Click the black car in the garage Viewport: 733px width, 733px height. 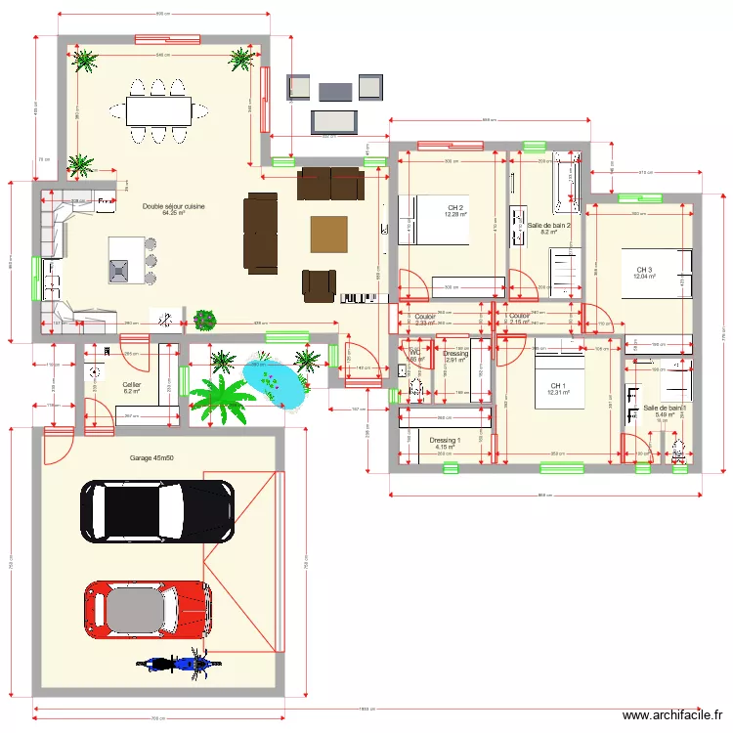point(156,510)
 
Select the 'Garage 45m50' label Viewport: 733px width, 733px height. point(151,458)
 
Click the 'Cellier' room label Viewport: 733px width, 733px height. point(132,385)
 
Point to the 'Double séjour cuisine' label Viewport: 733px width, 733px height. point(173,207)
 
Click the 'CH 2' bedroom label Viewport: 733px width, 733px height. point(454,208)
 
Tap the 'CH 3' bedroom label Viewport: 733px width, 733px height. point(644,271)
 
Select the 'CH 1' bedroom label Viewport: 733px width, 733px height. point(557,386)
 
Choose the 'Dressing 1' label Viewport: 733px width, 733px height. point(445,441)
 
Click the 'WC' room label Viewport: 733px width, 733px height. point(414,353)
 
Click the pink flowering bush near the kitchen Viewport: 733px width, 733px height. point(204,319)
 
